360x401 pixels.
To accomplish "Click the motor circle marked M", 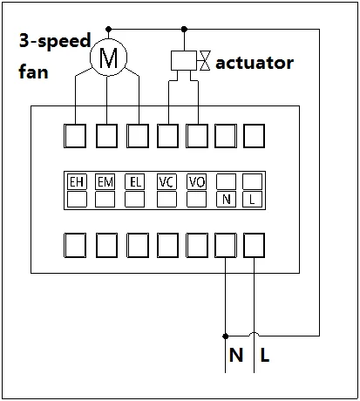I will [107, 58].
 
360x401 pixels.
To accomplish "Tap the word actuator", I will [254, 62].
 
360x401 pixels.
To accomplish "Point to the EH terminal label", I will [76, 182].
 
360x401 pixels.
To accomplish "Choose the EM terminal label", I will [105, 182].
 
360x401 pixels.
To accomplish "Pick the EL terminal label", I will [135, 182].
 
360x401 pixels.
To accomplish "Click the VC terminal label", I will [166, 182].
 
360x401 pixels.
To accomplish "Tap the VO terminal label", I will [196, 182].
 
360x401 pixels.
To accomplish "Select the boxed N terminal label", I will [226, 200].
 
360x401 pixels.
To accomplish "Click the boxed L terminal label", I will [253, 200].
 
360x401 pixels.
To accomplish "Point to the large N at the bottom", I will [235, 356].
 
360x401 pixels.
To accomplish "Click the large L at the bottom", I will [264, 356].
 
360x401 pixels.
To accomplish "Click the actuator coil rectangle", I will [184, 60].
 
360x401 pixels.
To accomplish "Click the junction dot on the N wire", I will [226, 335].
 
